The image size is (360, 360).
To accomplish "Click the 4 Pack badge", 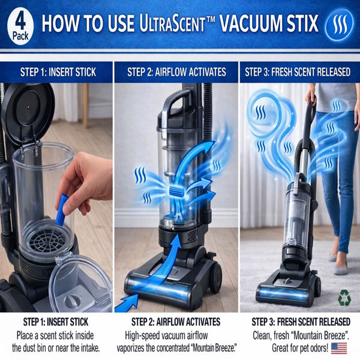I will tap(19, 23).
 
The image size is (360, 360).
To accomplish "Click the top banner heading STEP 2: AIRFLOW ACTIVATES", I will tap(176, 72).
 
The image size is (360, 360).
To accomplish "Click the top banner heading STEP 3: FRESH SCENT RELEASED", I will tap(298, 72).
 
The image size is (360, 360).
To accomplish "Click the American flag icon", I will tap(339, 348).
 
